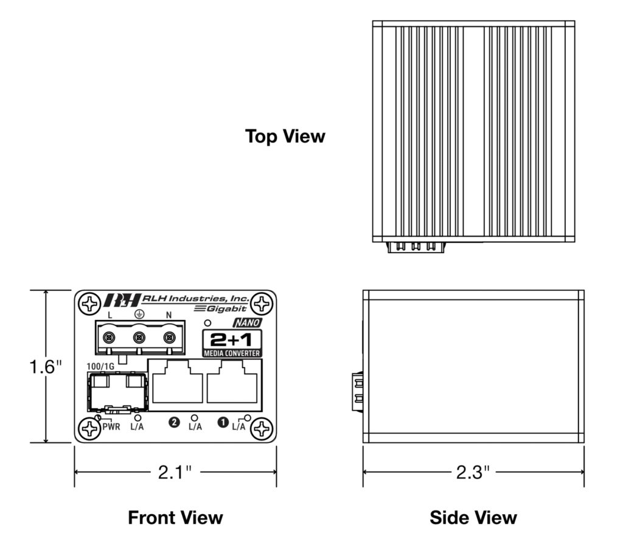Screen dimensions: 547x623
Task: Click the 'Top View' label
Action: (x=285, y=136)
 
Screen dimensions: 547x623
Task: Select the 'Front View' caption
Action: (x=175, y=518)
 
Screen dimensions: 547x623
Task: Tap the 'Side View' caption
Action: (x=473, y=518)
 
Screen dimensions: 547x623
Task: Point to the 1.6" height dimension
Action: (x=47, y=367)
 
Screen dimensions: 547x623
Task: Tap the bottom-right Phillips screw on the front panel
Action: (x=262, y=430)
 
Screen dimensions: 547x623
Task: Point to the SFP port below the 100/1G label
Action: (x=117, y=391)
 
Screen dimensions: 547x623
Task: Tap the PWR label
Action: (x=111, y=427)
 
